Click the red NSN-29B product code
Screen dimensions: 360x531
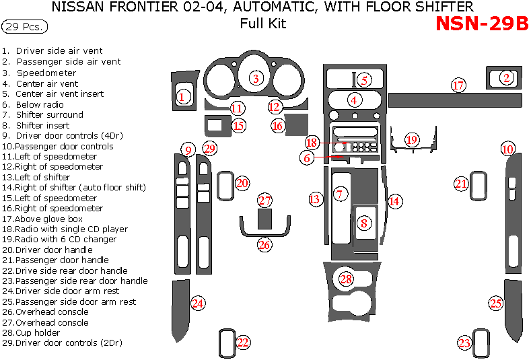[482, 24]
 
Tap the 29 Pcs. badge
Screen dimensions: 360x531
[25, 27]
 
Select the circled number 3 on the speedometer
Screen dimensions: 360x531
[256, 79]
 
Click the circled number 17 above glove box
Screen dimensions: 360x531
[458, 85]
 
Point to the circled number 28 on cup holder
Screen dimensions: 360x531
[347, 279]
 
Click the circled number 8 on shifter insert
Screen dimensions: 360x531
[364, 223]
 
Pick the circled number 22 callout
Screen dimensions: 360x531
[243, 343]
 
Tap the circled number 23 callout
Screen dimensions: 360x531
[464, 343]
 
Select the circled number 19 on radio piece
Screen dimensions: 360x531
[412, 140]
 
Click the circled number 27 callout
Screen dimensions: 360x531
[265, 201]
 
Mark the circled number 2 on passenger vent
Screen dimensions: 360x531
[506, 78]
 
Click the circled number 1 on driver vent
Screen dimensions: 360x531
[182, 98]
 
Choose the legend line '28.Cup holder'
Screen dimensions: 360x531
[31, 332]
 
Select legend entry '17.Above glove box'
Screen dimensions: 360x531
[42, 219]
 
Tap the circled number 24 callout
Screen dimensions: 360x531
[197, 303]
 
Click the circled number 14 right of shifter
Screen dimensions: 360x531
[394, 201]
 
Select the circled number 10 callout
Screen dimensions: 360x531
[507, 149]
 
